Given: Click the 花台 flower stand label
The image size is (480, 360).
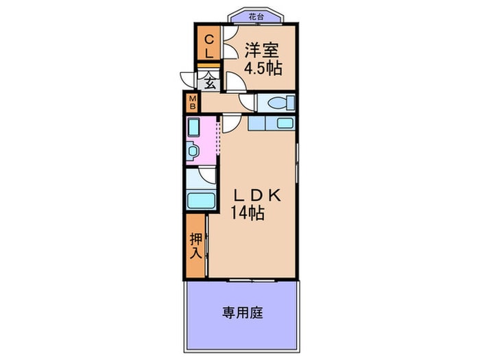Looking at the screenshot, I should pyautogui.click(x=255, y=15).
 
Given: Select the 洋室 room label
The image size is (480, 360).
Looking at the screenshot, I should pyautogui.click(x=263, y=49).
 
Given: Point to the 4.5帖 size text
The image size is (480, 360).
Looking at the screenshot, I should pyautogui.click(x=263, y=69).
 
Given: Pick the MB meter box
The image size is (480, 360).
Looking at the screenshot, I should pyautogui.click(x=193, y=103).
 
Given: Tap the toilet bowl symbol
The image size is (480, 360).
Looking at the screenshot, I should pyautogui.click(x=278, y=103).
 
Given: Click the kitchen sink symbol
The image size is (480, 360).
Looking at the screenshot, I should pyautogui.click(x=284, y=123).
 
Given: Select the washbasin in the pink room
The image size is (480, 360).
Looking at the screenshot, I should pyautogui.click(x=193, y=151).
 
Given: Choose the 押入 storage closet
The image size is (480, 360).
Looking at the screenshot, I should pyautogui.click(x=195, y=245).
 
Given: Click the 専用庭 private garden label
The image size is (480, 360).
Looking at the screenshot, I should pyautogui.click(x=242, y=313).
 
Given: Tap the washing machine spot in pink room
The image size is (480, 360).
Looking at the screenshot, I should pyautogui.click(x=193, y=128).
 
